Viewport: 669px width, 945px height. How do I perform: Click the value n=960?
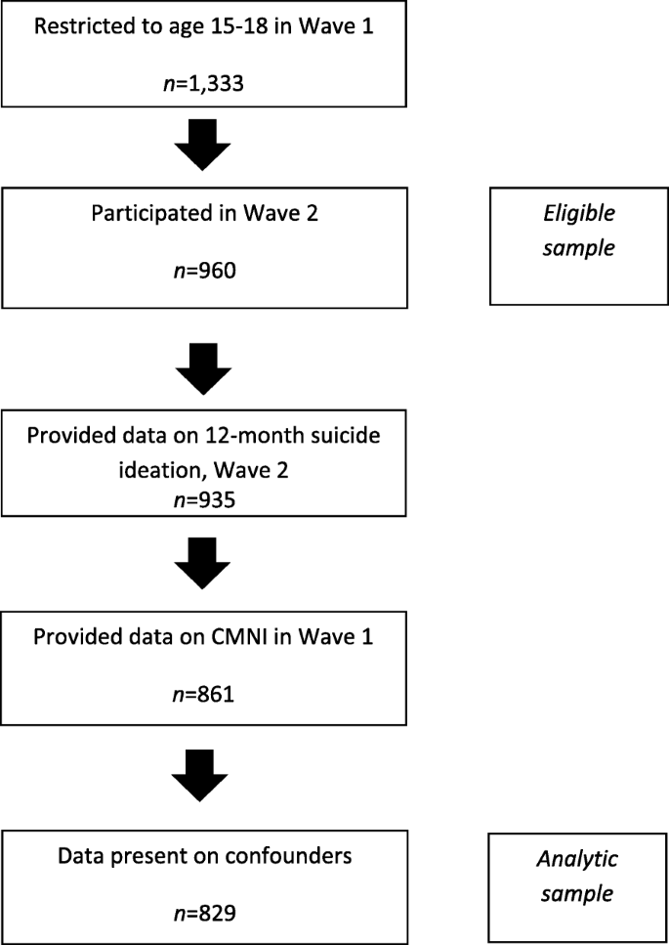click(203, 264)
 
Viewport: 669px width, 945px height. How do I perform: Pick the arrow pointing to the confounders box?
click(202, 779)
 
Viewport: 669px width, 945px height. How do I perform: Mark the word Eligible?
click(579, 213)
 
